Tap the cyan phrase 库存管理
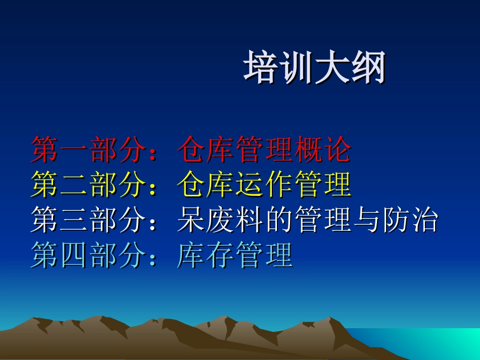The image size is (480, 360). tap(235, 255)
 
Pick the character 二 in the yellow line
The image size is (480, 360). tap(75, 185)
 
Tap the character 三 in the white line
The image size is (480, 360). tap(75, 220)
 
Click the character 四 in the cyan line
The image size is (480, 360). tap(75, 255)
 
